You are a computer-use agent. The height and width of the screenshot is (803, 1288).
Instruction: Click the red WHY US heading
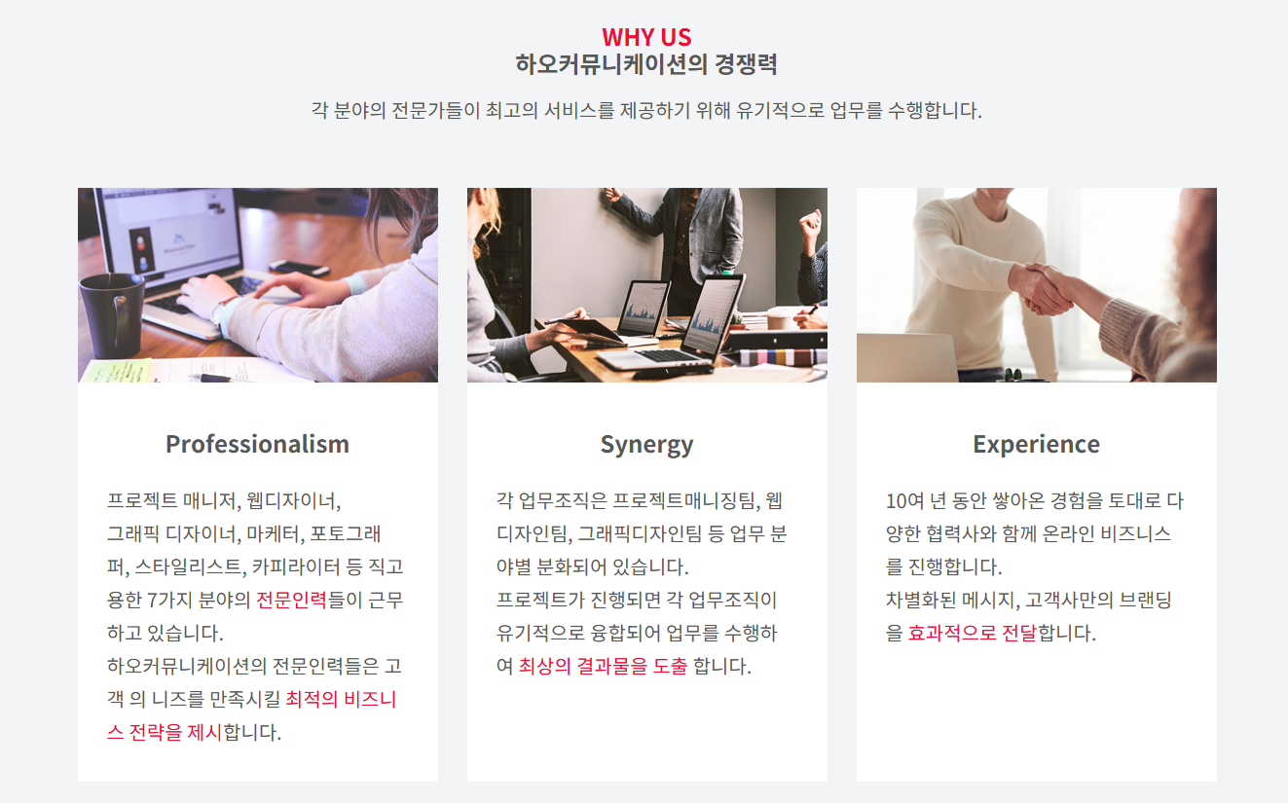(x=646, y=37)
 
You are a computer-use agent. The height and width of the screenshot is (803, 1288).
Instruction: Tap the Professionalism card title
(x=258, y=444)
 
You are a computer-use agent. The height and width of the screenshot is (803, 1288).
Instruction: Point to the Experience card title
(x=1036, y=444)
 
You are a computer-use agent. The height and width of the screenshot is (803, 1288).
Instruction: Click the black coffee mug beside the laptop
(x=112, y=315)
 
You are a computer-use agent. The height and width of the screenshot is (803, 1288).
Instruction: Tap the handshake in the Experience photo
(x=1041, y=288)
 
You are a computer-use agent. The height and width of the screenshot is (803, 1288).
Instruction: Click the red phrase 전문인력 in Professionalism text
(x=291, y=601)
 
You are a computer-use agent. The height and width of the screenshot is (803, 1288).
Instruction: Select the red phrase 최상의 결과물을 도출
(x=604, y=666)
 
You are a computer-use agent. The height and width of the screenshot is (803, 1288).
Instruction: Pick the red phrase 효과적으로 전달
(x=972, y=634)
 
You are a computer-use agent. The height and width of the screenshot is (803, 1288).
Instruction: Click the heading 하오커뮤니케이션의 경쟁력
(x=646, y=64)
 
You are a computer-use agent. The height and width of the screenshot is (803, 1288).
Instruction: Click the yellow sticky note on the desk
(x=116, y=371)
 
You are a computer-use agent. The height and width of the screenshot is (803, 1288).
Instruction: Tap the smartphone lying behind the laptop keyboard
(x=300, y=268)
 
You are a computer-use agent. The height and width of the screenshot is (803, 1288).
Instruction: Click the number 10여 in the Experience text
(x=904, y=501)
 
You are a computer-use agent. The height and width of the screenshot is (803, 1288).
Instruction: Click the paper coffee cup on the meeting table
(x=779, y=318)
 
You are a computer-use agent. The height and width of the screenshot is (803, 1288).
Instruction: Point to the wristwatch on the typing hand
(x=219, y=310)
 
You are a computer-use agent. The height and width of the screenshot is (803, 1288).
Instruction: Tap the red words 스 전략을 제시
(x=165, y=732)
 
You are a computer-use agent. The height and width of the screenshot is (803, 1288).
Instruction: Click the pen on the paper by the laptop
(x=215, y=378)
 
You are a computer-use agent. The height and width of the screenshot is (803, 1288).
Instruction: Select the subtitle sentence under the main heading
(x=646, y=110)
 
